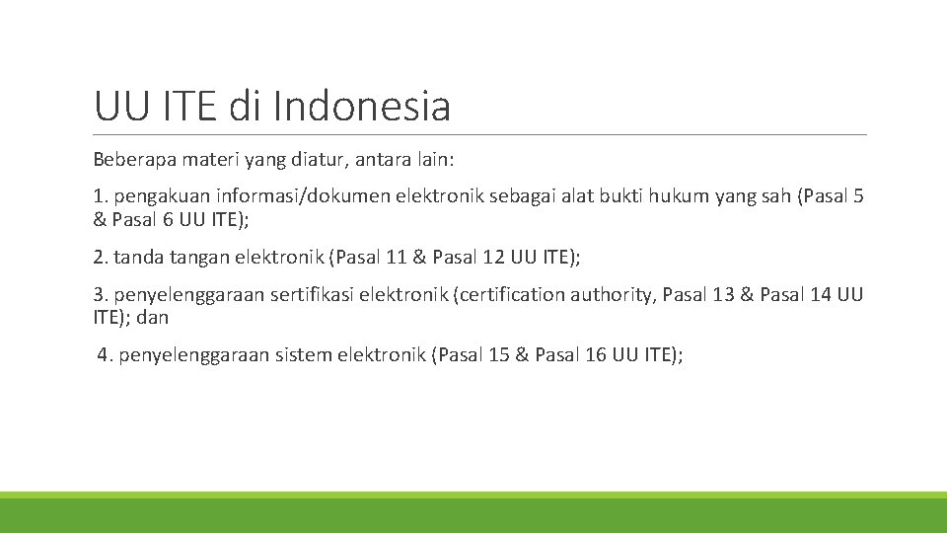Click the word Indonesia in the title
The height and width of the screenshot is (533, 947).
[x=362, y=107]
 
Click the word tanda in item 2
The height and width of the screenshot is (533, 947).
[x=137, y=258]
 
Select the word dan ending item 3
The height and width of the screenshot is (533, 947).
[x=153, y=318]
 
